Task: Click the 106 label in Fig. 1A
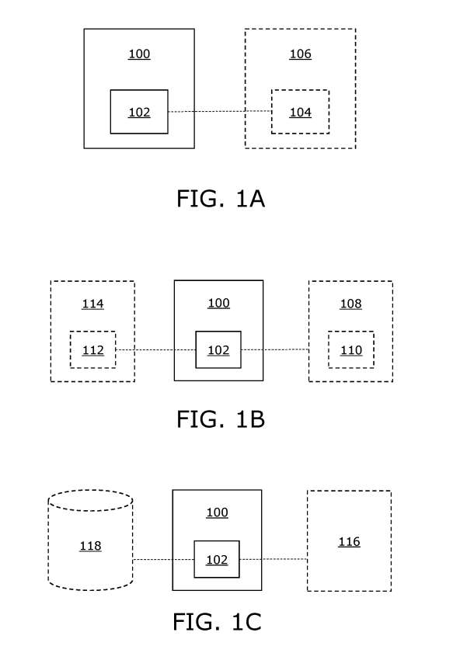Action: (x=300, y=54)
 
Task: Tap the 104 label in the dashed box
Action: (x=300, y=113)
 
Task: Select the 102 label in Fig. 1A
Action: (x=139, y=113)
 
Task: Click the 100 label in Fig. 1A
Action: (x=139, y=54)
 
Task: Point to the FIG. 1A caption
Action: (x=221, y=199)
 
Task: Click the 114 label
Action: (x=92, y=304)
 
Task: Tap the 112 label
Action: (x=92, y=350)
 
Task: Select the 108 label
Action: (x=350, y=304)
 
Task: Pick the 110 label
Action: (x=351, y=350)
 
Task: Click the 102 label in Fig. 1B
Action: (x=218, y=350)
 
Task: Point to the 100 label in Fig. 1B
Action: (x=218, y=303)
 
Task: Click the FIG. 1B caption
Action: (x=221, y=419)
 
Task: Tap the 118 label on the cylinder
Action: (x=90, y=546)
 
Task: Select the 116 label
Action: (x=349, y=542)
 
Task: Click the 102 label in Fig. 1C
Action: (x=217, y=560)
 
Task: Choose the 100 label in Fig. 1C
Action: (x=217, y=512)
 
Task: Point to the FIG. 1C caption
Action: (x=217, y=622)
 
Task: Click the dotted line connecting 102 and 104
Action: (x=220, y=112)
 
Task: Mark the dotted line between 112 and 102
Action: (x=155, y=349)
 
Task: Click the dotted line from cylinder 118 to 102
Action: (x=163, y=560)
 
